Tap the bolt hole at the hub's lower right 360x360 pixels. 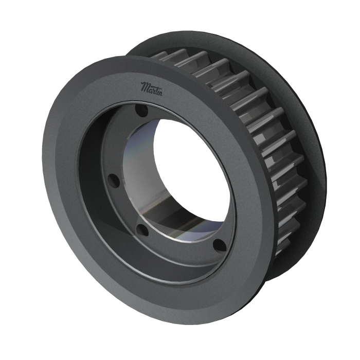218,245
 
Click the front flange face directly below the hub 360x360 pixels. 185,298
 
